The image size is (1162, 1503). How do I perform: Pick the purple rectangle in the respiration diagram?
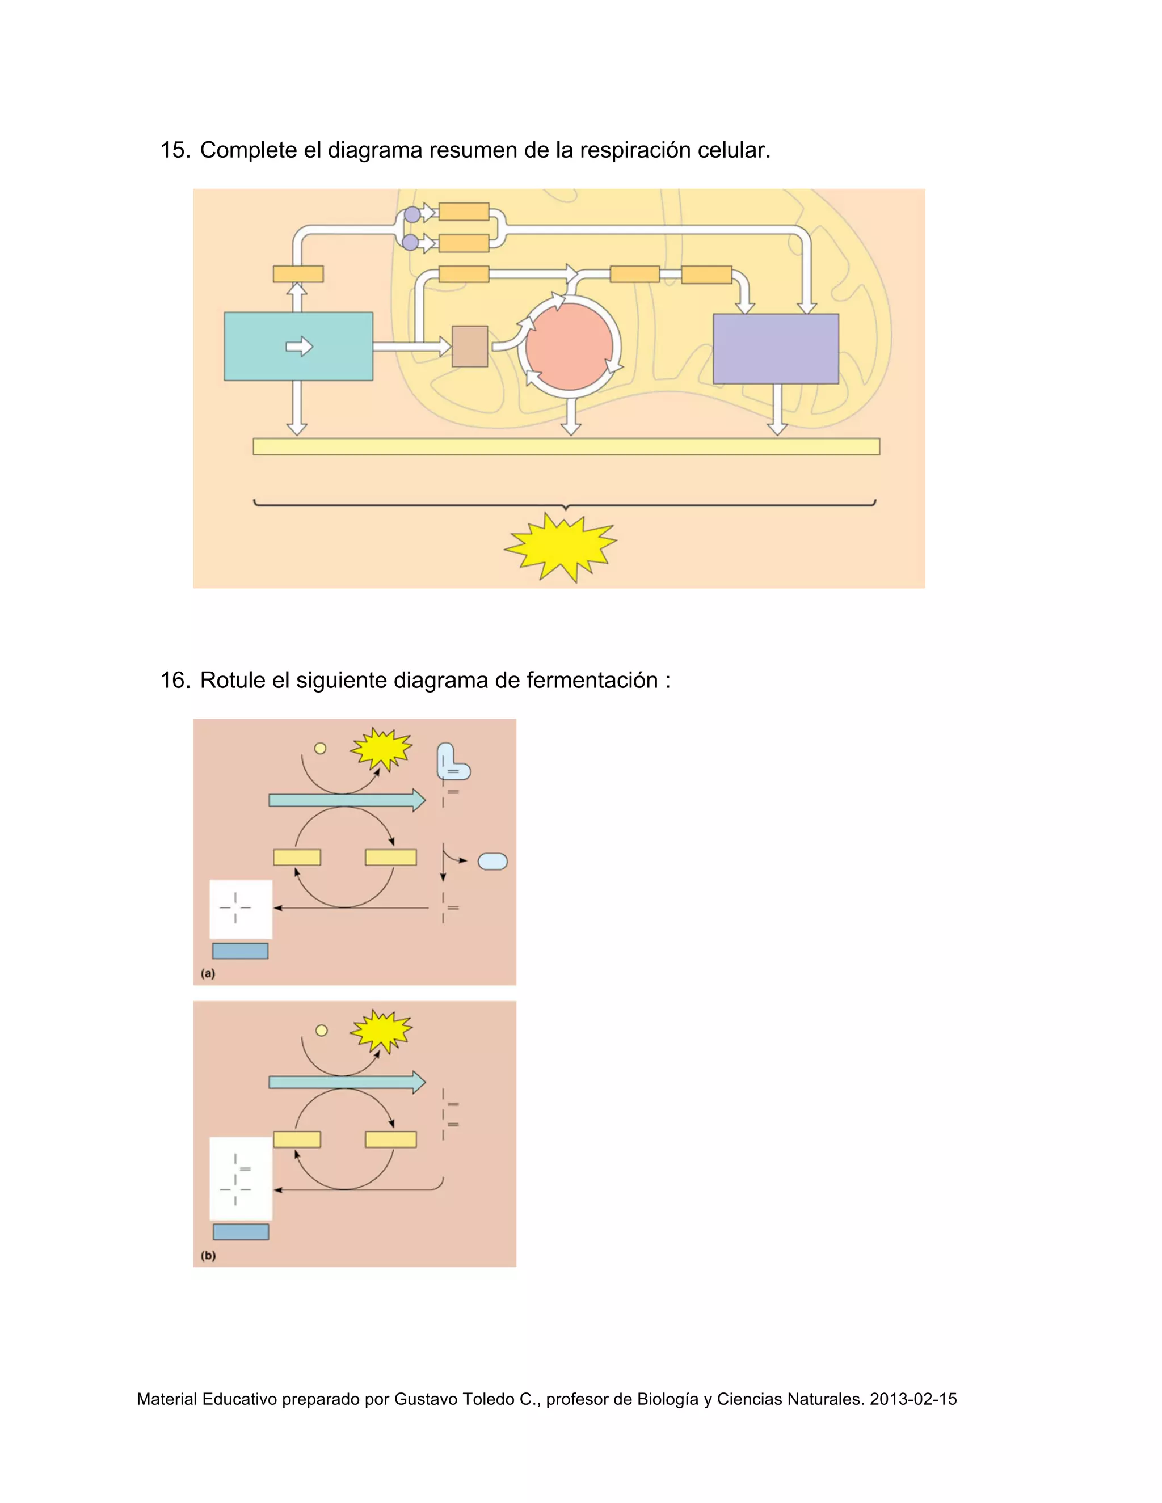[776, 348]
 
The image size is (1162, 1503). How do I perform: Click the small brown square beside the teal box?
[469, 346]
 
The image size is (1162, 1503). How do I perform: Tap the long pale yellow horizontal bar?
[566, 446]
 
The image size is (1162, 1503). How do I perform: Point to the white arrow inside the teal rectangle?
[300, 346]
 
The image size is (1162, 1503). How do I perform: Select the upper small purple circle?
[412, 214]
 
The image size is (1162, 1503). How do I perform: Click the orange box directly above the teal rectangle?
[298, 274]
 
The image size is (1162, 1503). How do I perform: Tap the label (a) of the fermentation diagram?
[208, 973]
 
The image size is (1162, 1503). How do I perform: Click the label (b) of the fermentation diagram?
[208, 1255]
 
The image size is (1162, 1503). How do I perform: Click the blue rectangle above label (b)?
[240, 1231]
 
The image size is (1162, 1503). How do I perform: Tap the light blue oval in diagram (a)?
[492, 861]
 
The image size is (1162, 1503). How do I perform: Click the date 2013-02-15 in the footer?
[913, 1399]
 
